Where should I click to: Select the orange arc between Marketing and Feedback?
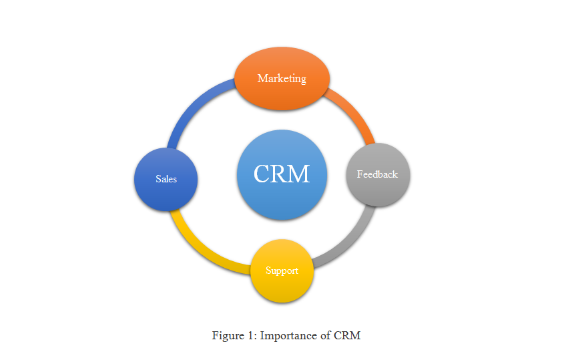click(x=353, y=114)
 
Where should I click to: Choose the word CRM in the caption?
click(x=348, y=335)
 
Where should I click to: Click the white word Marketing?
click(x=282, y=79)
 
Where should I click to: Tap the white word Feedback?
click(x=377, y=174)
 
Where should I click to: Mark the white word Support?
click(x=282, y=271)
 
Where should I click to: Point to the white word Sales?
click(x=166, y=179)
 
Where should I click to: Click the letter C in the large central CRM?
click(x=261, y=174)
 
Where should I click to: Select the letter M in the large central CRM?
click(x=299, y=174)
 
